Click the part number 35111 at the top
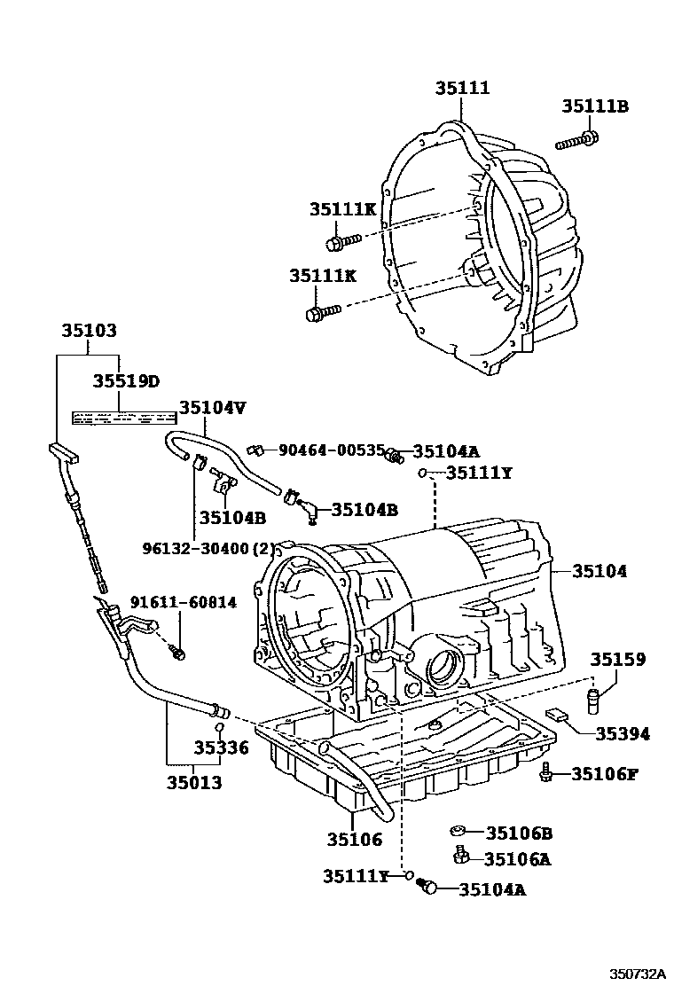point(462,88)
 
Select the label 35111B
point(594,106)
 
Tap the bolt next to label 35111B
point(577,139)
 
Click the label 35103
point(89,330)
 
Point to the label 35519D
point(126,381)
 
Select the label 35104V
point(213,408)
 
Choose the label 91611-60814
point(184,603)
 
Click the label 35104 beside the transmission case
point(599,572)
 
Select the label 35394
point(622,733)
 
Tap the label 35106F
point(604,774)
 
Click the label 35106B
point(519,833)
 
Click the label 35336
point(222,748)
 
